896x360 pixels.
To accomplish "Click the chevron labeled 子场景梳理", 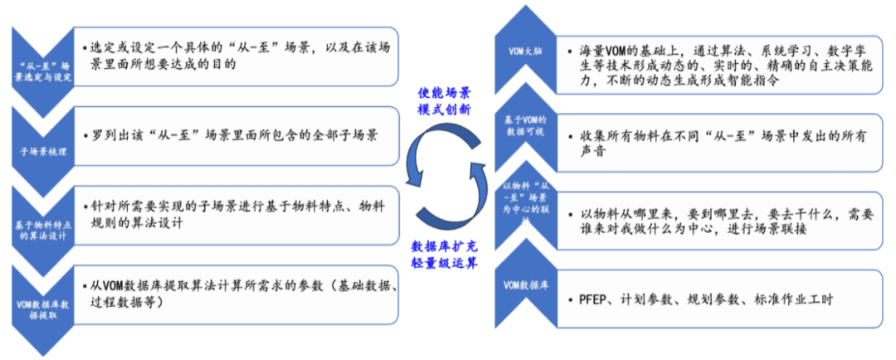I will click(x=44, y=152).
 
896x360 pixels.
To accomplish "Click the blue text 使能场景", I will click(x=448, y=93).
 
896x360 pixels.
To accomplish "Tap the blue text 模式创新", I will click(x=448, y=109).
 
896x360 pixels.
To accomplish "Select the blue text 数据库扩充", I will click(x=446, y=246).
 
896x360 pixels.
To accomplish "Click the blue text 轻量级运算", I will click(x=446, y=263).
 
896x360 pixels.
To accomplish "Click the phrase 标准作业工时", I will click(x=793, y=299).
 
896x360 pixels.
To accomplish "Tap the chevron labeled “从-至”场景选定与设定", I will click(x=44, y=70).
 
